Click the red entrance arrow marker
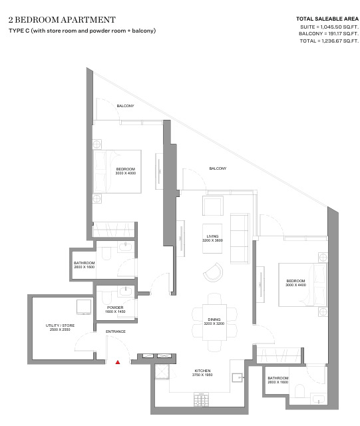(118, 362)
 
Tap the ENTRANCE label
(116, 331)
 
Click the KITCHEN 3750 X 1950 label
(202, 373)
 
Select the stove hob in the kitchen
(202, 399)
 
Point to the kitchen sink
(237, 378)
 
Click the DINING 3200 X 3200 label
(214, 321)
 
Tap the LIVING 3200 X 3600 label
(212, 238)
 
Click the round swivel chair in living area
(214, 272)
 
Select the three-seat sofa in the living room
(240, 238)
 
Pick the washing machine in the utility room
(84, 308)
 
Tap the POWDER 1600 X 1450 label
(115, 310)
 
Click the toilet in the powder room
(106, 298)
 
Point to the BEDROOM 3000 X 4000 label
(126, 171)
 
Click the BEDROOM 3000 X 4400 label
(295, 283)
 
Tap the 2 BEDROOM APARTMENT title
(63, 19)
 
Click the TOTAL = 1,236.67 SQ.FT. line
(329, 41)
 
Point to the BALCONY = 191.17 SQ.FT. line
(329, 34)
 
